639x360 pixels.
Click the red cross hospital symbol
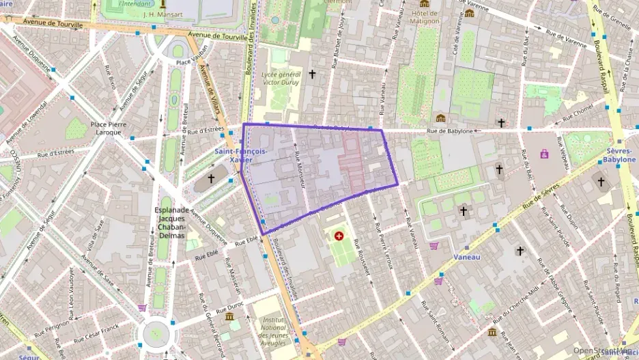point(339,236)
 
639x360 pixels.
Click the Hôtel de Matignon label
point(424,16)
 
